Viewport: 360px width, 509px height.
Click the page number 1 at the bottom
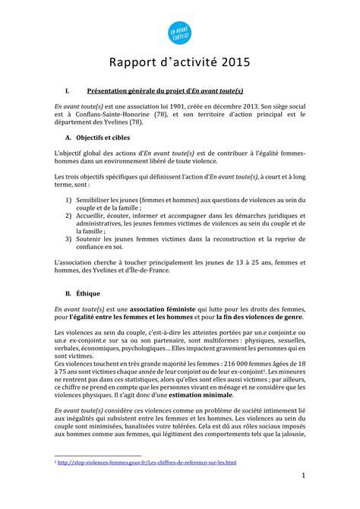tap(303, 476)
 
